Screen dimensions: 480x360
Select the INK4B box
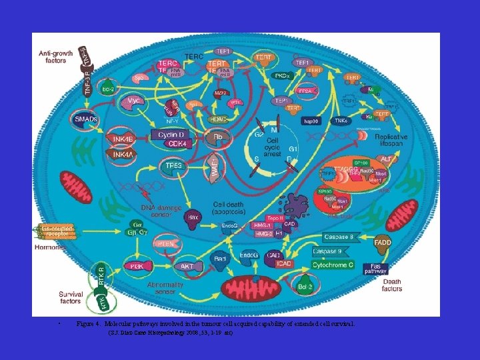(124, 138)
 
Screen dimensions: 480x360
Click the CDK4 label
(177, 143)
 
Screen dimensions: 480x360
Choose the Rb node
(217, 138)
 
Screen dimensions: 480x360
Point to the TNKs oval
(341, 121)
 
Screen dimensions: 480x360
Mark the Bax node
(194, 217)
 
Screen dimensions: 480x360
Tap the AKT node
(187, 265)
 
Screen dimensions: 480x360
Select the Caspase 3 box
(343, 237)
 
